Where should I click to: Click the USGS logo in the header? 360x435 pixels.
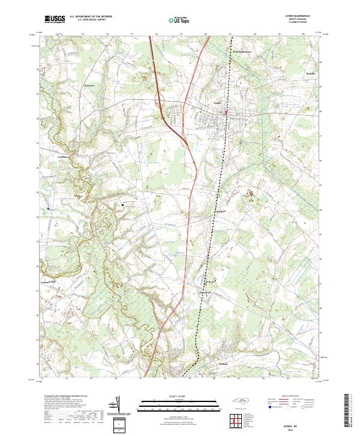pyautogui.click(x=55, y=20)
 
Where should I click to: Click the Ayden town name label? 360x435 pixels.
pyautogui.click(x=218, y=102)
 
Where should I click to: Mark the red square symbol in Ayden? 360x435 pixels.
pyautogui.click(x=226, y=111)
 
